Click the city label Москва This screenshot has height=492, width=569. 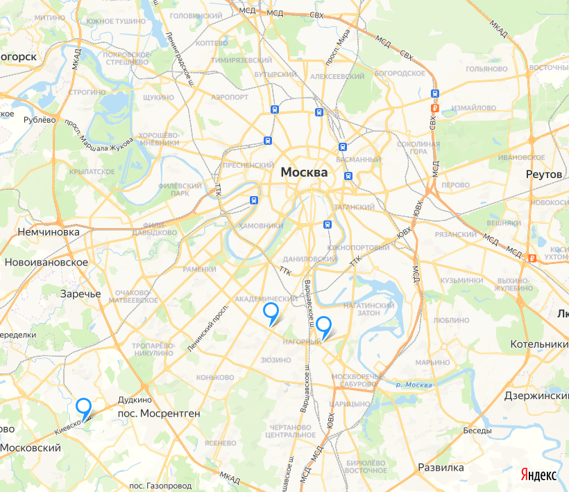(304, 172)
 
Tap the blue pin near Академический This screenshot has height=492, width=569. (271, 313)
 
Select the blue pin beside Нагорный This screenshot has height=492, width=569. (323, 325)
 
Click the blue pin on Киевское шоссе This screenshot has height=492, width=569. (84, 407)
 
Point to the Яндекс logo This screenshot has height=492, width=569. (538, 475)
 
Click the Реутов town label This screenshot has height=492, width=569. (544, 174)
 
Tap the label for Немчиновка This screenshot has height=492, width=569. (49, 232)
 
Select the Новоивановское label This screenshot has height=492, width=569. (46, 263)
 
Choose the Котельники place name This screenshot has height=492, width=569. (538, 344)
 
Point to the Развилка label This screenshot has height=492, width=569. (441, 467)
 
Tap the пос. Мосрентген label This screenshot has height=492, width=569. (159, 413)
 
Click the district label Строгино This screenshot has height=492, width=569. (87, 91)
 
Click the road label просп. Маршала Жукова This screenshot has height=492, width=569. (99, 136)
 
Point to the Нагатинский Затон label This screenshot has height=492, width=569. (368, 308)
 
